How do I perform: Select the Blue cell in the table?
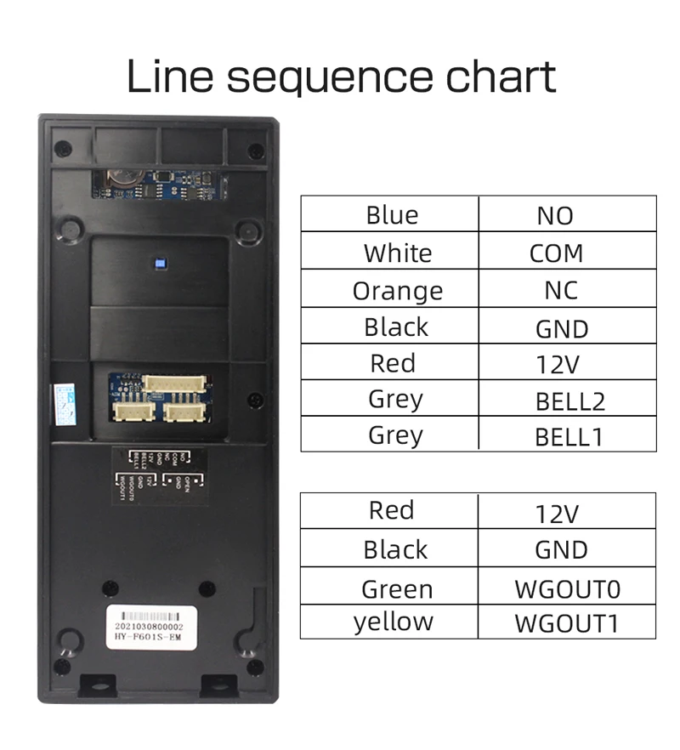pyautogui.click(x=391, y=214)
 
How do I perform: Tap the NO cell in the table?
pyautogui.click(x=555, y=215)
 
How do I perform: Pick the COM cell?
pyautogui.click(x=556, y=253)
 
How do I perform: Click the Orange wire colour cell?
pyautogui.click(x=397, y=291)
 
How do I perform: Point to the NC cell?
pyautogui.click(x=560, y=290)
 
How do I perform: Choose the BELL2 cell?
pyautogui.click(x=569, y=401)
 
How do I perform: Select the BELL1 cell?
pyautogui.click(x=569, y=437)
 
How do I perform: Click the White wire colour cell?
pyautogui.click(x=397, y=253)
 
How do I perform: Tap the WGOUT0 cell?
pyautogui.click(x=567, y=588)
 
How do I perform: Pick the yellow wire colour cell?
pyautogui.click(x=393, y=622)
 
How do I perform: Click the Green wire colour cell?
pyautogui.click(x=396, y=588)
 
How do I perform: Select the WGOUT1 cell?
pyautogui.click(x=566, y=623)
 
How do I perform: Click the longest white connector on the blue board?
pyautogui.click(x=174, y=384)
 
